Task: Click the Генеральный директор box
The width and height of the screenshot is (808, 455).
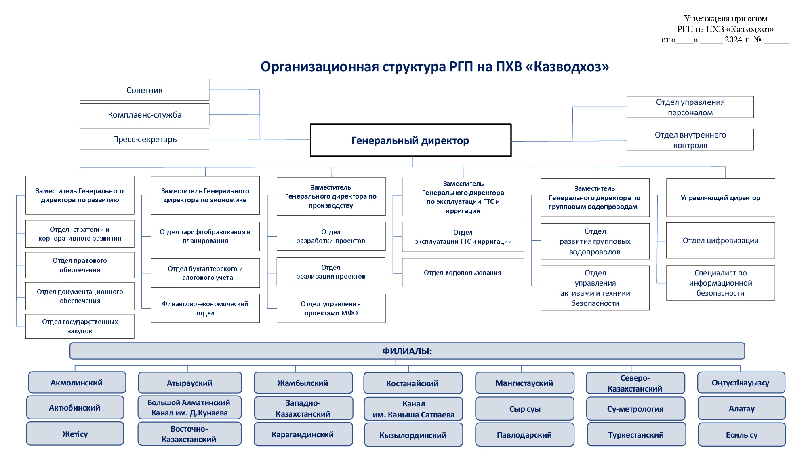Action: [x=410, y=140]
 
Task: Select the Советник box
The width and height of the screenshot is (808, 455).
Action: [x=144, y=90]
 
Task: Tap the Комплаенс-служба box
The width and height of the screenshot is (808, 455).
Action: [x=144, y=114]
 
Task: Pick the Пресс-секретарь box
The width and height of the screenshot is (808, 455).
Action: [x=144, y=139]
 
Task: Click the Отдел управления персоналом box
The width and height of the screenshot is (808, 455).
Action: [x=690, y=107]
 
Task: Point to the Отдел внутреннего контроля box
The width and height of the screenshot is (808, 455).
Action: [x=690, y=140]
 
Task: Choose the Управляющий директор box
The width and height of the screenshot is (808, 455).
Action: [x=720, y=198]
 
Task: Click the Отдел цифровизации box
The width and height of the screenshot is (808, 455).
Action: [x=720, y=241]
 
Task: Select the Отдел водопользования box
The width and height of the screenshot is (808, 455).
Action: [x=463, y=273]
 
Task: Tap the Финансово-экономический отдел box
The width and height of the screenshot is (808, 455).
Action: [x=205, y=308]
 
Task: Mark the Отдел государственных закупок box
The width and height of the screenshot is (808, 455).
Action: [x=80, y=326]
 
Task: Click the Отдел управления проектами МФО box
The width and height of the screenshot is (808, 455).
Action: [x=331, y=308]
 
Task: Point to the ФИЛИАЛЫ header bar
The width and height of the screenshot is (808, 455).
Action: [x=407, y=351]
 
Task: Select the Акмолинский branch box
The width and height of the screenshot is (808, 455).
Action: [x=77, y=383]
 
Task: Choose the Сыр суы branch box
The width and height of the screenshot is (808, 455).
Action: [x=525, y=409]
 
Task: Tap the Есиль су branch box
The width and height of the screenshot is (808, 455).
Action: [x=742, y=435]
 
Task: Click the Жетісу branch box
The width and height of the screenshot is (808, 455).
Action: [x=75, y=434]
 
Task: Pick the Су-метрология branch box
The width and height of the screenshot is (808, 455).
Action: [x=635, y=409]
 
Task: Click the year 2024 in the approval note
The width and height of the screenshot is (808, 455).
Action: [x=733, y=40]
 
